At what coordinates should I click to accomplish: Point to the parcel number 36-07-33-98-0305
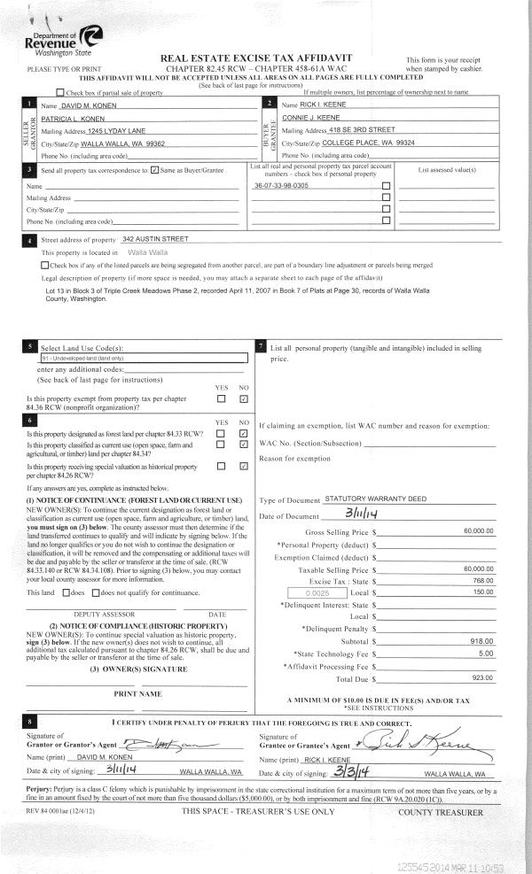point(281,186)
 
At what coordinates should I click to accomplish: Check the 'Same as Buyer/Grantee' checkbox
point(155,169)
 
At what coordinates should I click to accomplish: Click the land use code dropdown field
point(142,359)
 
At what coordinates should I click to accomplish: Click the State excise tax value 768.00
point(482,580)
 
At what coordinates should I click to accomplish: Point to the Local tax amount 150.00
point(482,592)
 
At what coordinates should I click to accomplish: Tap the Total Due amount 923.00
point(482,677)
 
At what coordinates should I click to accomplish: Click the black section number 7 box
point(260,345)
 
